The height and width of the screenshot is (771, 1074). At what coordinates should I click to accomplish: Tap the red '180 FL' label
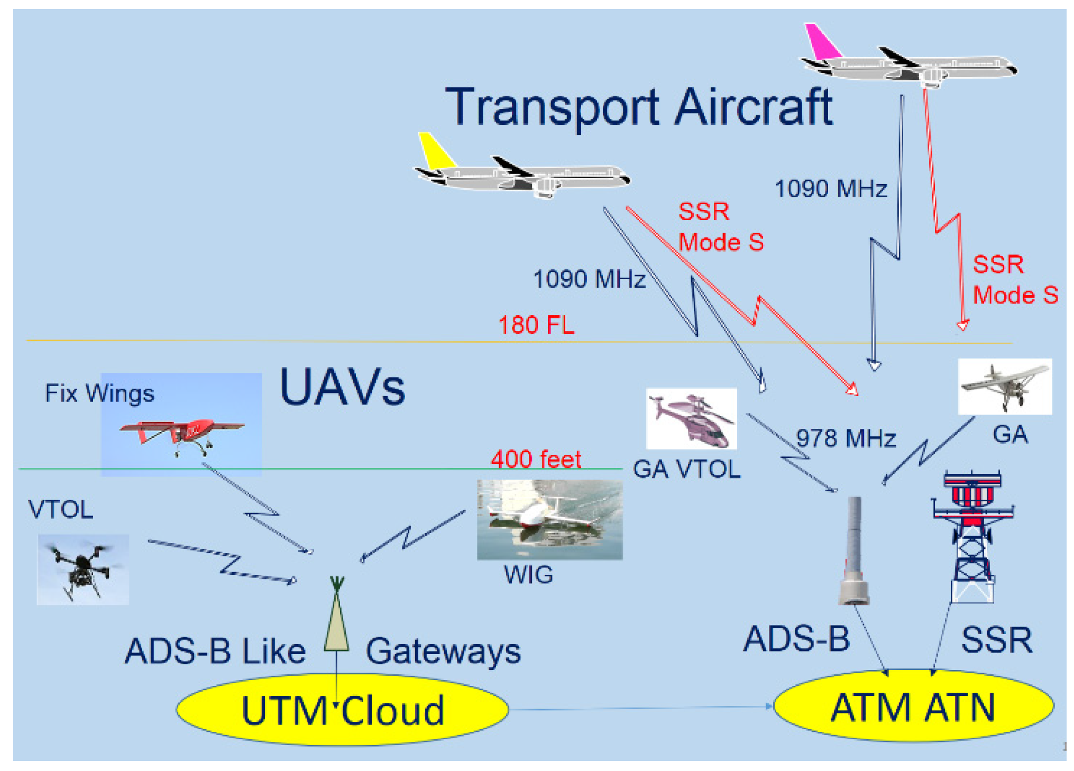(x=536, y=325)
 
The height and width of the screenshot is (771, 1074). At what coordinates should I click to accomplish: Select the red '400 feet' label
(x=536, y=459)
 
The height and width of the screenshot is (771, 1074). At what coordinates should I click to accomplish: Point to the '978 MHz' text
(x=846, y=438)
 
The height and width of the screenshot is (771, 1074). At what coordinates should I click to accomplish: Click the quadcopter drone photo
(x=83, y=569)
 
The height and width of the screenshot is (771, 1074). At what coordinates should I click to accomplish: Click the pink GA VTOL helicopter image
(x=692, y=419)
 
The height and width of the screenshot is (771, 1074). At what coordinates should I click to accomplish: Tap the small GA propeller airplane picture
(x=1005, y=386)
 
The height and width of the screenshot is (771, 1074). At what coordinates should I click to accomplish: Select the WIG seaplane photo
(x=549, y=519)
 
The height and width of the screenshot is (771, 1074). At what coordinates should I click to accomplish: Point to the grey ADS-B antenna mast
(x=854, y=550)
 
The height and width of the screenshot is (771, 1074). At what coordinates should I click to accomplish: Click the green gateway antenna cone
(x=336, y=619)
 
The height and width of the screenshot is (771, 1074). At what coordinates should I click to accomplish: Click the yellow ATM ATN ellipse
(x=913, y=706)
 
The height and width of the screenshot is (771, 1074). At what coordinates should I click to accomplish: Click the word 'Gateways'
(x=443, y=651)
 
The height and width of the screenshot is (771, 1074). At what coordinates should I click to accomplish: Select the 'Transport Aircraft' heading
(x=639, y=107)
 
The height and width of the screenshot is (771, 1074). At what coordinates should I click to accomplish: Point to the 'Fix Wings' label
(x=99, y=393)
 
